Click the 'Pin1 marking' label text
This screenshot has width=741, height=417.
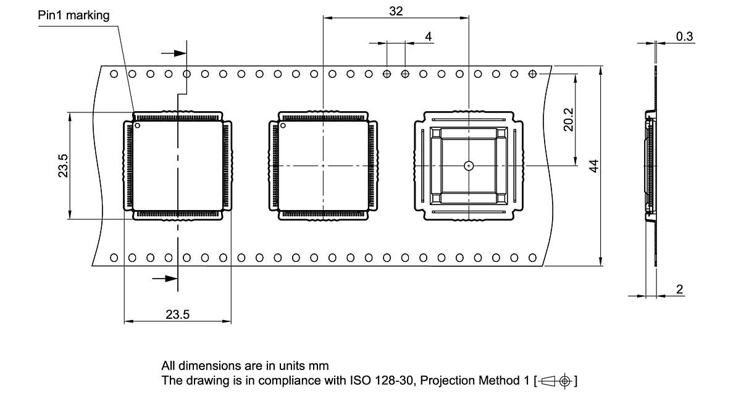pyautogui.click(x=73, y=15)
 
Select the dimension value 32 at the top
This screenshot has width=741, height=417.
pyautogui.click(x=396, y=11)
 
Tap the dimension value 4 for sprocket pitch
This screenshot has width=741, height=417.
pyautogui.click(x=428, y=36)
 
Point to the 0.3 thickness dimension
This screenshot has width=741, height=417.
pyautogui.click(x=684, y=36)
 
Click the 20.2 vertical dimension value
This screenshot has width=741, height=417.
pyautogui.click(x=568, y=120)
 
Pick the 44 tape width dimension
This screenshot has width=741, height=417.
pyautogui.click(x=593, y=166)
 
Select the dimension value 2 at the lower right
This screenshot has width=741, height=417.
pyautogui.click(x=679, y=289)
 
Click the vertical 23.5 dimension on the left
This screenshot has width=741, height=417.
pyautogui.click(x=63, y=166)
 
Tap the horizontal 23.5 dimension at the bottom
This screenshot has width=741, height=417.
pyautogui.click(x=177, y=314)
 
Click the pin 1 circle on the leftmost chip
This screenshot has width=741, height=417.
pyautogui.click(x=138, y=126)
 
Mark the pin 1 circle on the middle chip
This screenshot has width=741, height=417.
pyautogui.click(x=283, y=126)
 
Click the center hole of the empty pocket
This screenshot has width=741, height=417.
pyautogui.click(x=469, y=166)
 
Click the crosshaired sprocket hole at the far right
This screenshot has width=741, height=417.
pyautogui.click(x=532, y=74)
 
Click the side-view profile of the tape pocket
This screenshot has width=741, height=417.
pyautogui.click(x=650, y=166)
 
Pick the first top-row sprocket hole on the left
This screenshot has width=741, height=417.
pyautogui.click(x=114, y=74)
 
